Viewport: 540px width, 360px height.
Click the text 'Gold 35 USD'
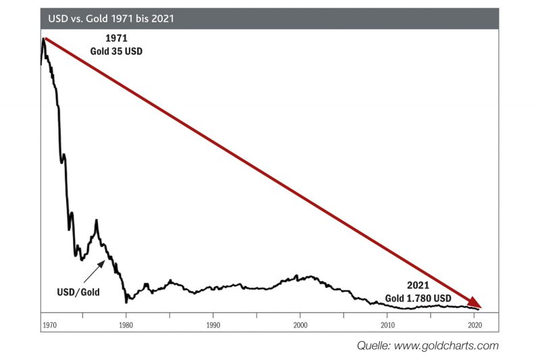[117, 51]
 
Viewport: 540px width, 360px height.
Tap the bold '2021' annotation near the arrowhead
[418, 286]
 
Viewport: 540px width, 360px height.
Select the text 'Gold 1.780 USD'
[418, 298]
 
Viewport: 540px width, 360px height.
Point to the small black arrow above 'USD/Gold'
[94, 271]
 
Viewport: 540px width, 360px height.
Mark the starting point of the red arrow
[45, 40]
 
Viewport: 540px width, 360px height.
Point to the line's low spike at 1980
[126, 301]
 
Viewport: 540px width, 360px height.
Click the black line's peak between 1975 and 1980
[97, 221]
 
